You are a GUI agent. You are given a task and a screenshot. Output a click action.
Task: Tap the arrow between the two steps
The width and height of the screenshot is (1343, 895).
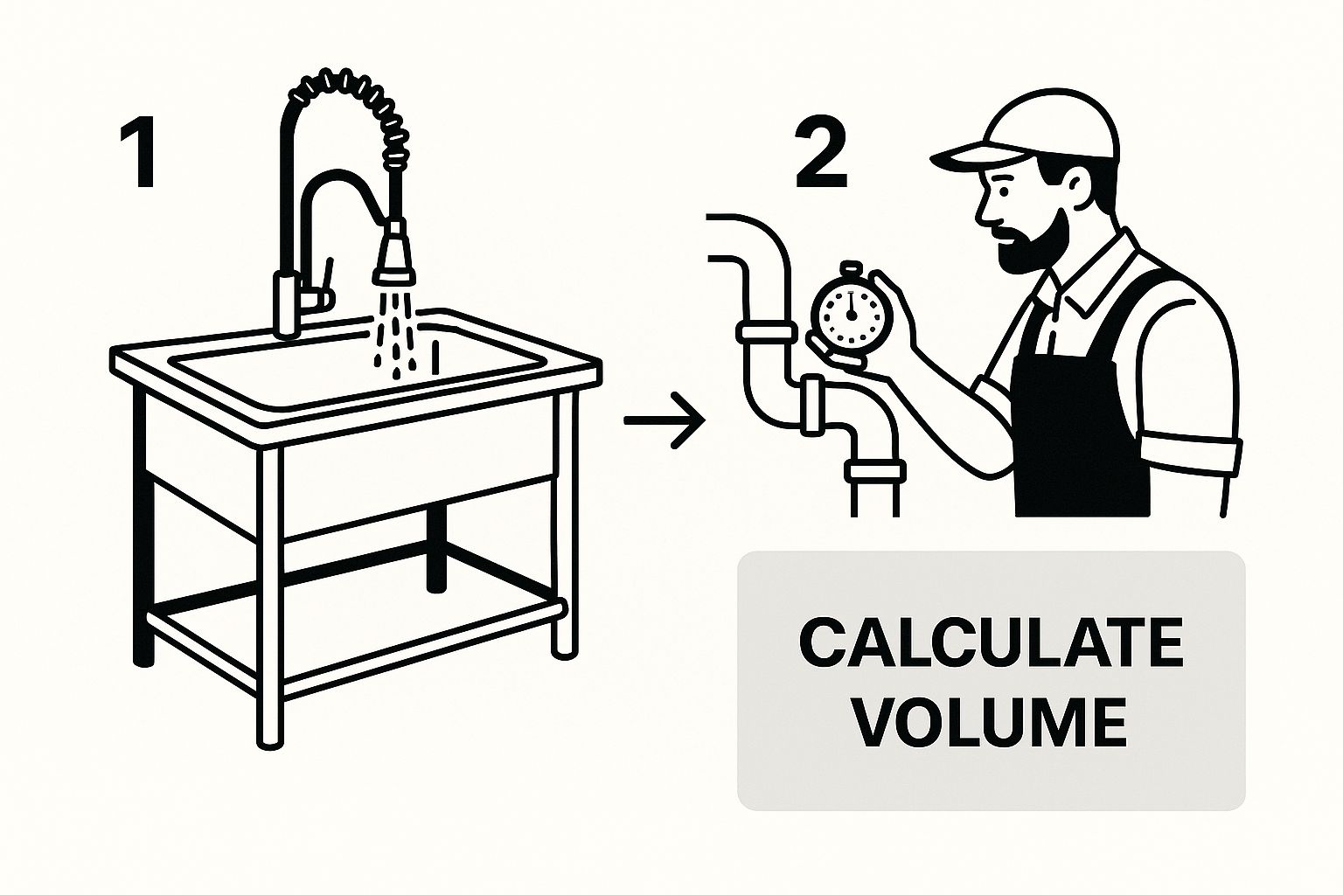coord(665,420)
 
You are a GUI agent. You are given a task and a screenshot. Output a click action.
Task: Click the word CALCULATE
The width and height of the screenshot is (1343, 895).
coord(992,643)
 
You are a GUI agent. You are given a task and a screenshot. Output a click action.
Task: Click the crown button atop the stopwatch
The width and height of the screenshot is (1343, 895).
coord(851,270)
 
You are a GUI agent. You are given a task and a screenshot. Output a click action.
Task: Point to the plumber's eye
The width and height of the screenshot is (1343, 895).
coord(1005,193)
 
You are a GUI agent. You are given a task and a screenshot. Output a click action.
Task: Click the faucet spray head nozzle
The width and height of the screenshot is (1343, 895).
coord(394,254)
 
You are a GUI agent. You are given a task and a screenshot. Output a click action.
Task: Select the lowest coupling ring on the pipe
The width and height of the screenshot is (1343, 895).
coord(874,471)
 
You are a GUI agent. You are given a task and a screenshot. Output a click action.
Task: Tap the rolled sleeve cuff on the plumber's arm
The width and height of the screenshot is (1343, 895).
coord(1190,455)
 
